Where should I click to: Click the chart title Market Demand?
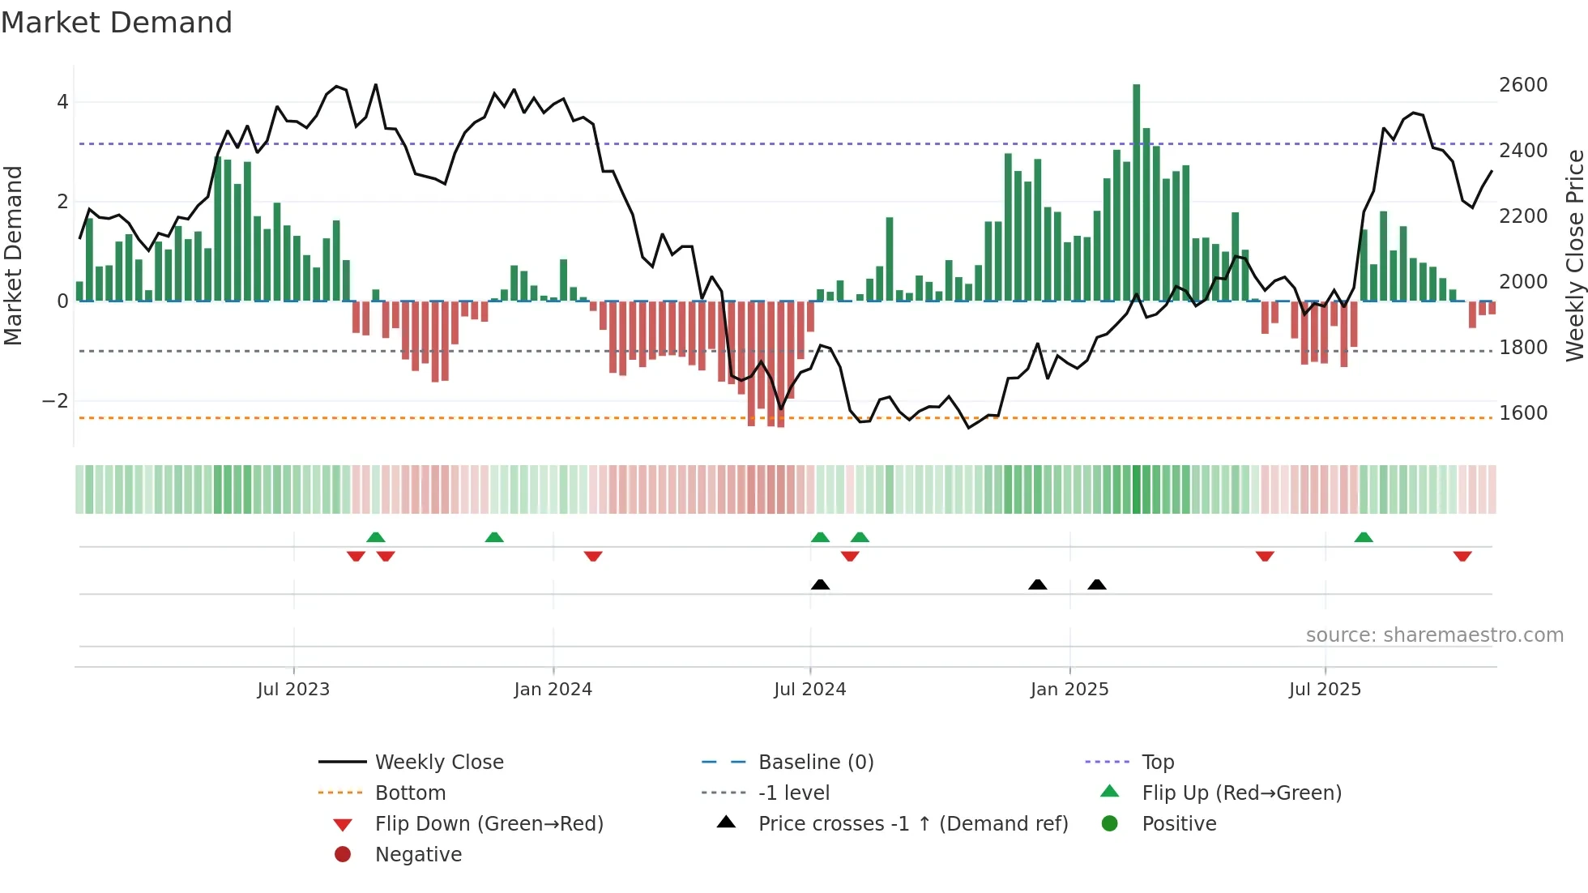[x=117, y=23]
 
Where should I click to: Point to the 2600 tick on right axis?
[x=1522, y=85]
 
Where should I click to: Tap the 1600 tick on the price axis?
[x=1522, y=413]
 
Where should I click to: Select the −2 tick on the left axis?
[x=55, y=401]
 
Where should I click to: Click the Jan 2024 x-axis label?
[x=553, y=690]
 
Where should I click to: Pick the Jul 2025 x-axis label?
[x=1325, y=690]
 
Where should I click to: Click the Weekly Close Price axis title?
[x=1574, y=255]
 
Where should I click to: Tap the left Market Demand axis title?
[x=14, y=255]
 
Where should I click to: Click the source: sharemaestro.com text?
[x=1434, y=635]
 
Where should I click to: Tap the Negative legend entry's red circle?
[x=343, y=855]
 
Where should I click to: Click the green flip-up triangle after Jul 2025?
[x=1364, y=537]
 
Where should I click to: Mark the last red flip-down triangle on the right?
[x=1462, y=556]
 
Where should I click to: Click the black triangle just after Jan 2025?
[x=1096, y=584]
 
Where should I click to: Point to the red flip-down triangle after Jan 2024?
[x=593, y=556]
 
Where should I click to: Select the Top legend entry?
[x=1157, y=763]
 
